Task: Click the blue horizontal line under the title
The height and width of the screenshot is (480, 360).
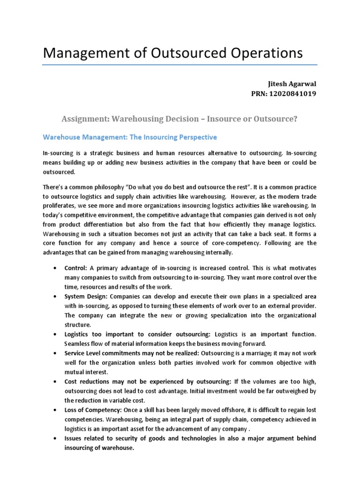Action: click(180, 65)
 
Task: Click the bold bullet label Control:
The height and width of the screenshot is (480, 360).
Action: click(75, 268)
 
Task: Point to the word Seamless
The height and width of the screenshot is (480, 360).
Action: click(78, 344)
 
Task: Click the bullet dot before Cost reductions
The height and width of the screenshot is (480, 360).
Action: click(56, 382)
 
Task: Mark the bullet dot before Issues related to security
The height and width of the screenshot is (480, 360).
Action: click(56, 438)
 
